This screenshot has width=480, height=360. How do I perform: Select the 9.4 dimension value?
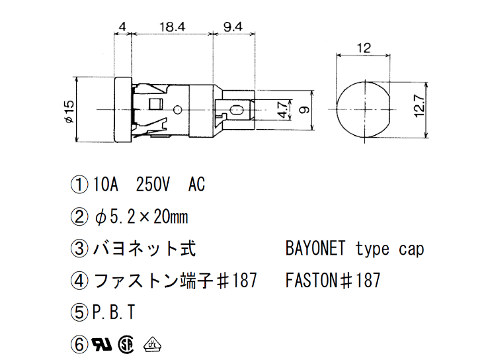(233, 27)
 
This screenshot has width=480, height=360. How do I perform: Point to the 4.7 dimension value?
(282, 110)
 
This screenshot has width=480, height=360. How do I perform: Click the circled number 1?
(79, 185)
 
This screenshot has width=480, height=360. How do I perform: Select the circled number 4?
(79, 281)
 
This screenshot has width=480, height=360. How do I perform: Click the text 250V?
(153, 185)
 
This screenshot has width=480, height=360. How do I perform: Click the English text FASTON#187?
(333, 281)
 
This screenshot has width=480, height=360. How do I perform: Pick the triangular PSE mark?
(152, 344)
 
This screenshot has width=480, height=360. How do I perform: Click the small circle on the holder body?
(177, 109)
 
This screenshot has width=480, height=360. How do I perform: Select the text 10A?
(105, 185)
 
